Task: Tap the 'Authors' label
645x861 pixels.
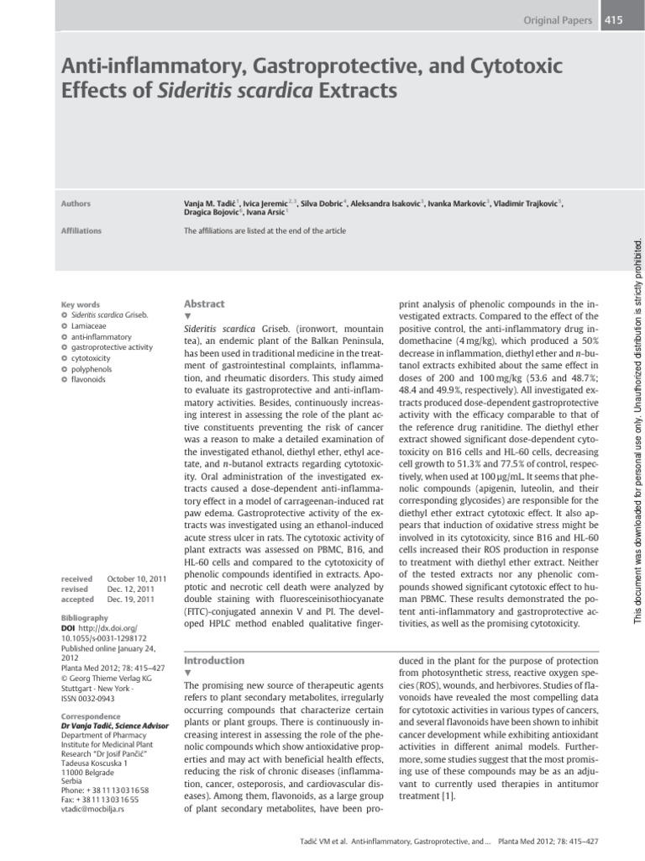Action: click(x=76, y=203)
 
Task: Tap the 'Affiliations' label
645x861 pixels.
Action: click(x=82, y=230)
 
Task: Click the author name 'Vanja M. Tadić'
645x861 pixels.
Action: click(x=211, y=203)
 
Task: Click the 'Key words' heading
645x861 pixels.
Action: click(x=81, y=304)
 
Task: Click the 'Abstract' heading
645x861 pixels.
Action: click(x=204, y=304)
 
